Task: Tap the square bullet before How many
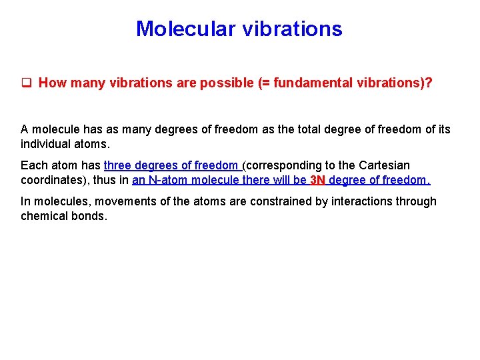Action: click(27, 83)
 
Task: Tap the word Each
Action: click(33, 165)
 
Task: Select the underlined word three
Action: click(118, 165)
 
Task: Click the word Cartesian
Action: click(385, 165)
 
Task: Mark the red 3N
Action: click(318, 180)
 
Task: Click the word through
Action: click(417, 201)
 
